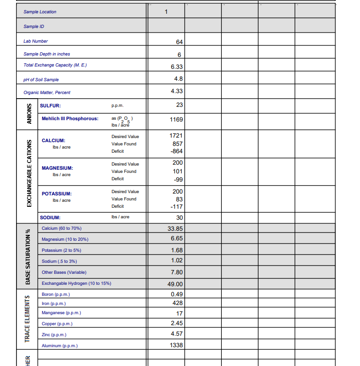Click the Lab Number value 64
(x=179, y=42)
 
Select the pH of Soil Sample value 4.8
(x=179, y=78)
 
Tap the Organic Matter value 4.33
(x=177, y=91)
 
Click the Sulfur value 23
(x=179, y=105)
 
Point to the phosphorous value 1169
(x=176, y=119)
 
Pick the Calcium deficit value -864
(x=177, y=151)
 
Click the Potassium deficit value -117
(x=177, y=206)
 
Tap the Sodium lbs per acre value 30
(x=179, y=217)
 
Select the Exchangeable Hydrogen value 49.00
(x=175, y=284)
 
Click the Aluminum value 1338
(x=176, y=345)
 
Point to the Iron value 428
(x=178, y=303)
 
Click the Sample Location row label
(x=40, y=11)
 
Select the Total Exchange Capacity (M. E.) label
(x=55, y=65)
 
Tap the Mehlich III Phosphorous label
(x=70, y=119)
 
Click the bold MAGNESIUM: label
(x=57, y=168)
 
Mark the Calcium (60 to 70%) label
(x=62, y=228)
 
